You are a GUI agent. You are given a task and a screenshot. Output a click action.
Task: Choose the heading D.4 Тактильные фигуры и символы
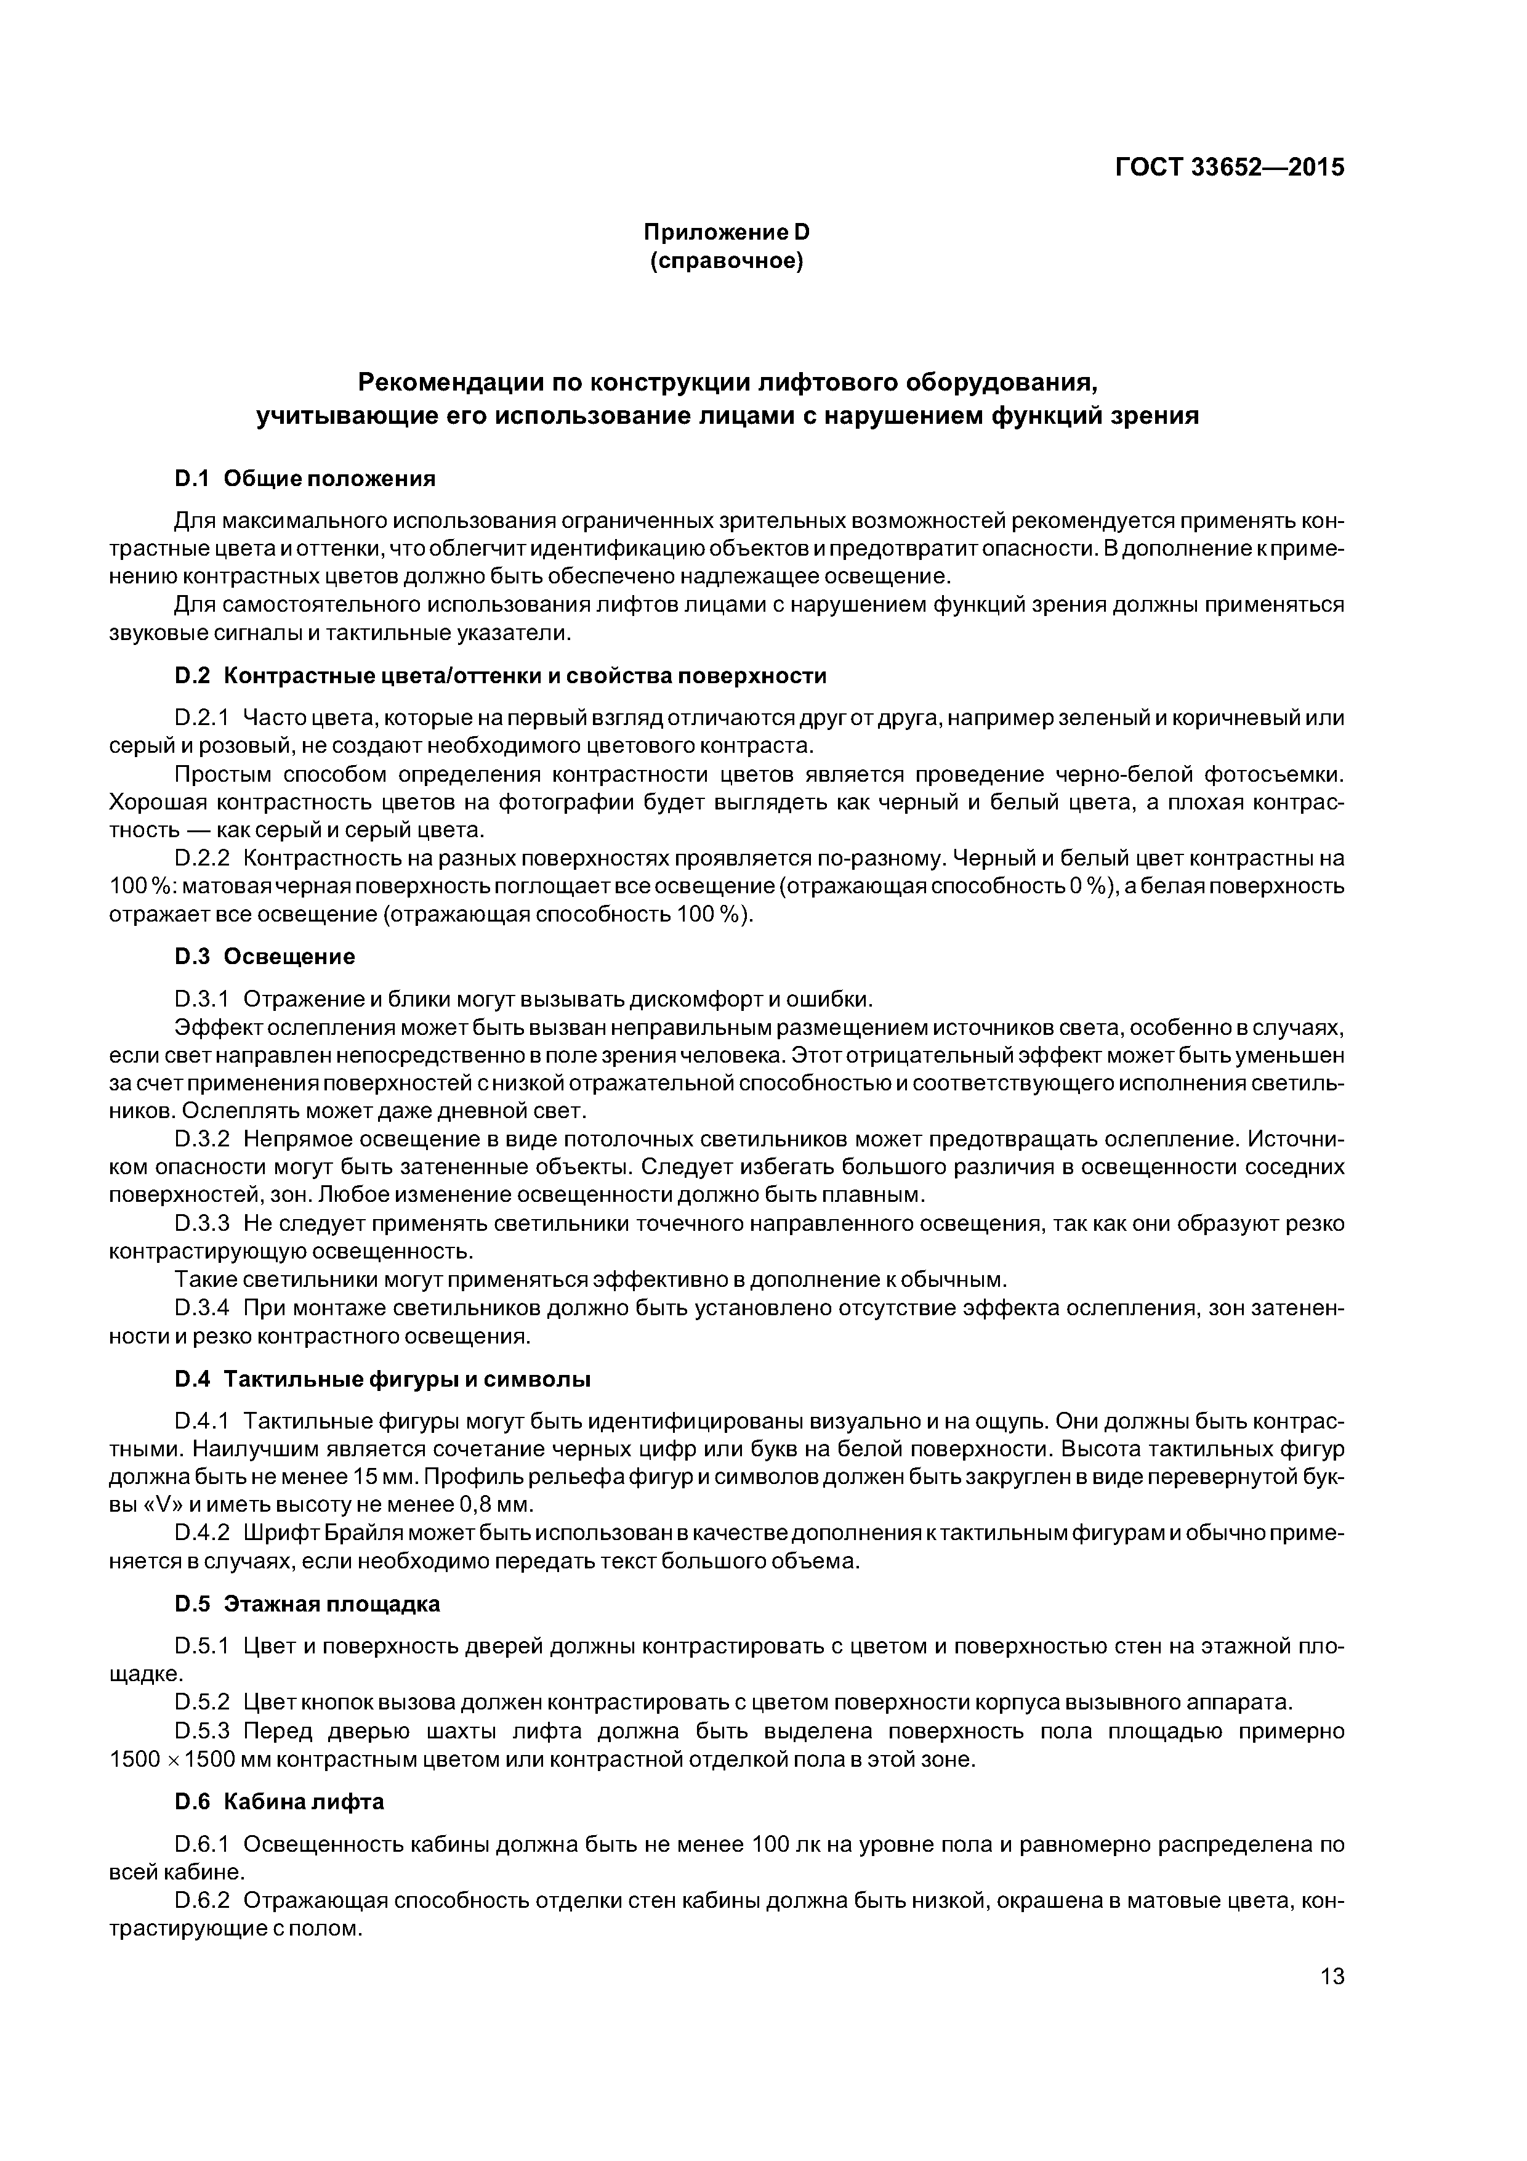[x=382, y=1380]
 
